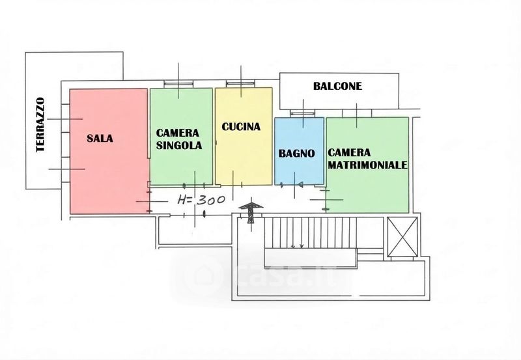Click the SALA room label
click(100, 138)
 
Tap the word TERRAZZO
click(40, 124)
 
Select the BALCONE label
click(337, 86)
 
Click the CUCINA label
click(241, 126)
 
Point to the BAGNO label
click(296, 153)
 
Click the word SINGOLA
click(178, 145)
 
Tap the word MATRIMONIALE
click(367, 165)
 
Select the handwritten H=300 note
click(201, 200)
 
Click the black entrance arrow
click(251, 212)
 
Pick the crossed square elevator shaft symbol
click(402, 237)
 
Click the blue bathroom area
click(299, 151)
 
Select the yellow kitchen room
click(244, 136)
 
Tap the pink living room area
click(109, 151)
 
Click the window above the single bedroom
click(178, 84)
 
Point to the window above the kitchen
click(240, 83)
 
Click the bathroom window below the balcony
click(302, 113)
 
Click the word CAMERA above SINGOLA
click(177, 133)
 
